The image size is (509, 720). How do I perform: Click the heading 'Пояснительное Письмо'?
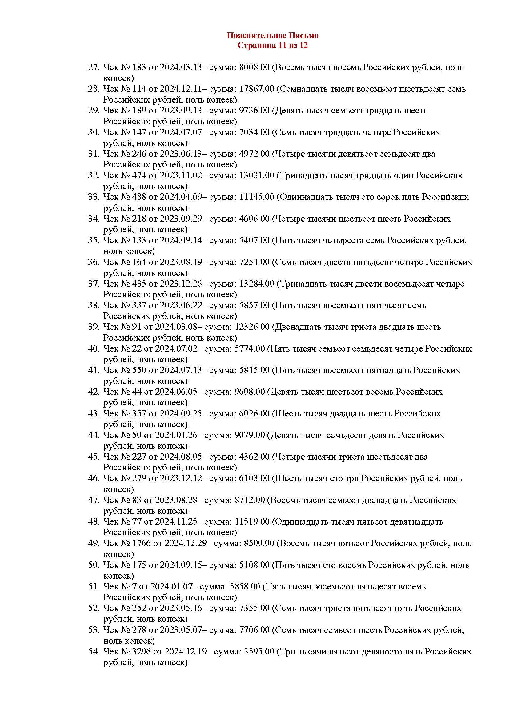[272, 35]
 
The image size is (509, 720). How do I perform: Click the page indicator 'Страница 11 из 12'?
[272, 46]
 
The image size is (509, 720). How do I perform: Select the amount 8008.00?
[254, 67]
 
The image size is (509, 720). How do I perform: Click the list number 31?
[94, 154]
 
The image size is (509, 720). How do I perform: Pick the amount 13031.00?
[256, 175]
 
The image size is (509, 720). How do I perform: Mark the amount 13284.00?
[256, 284]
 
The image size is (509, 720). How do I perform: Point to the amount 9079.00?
[250, 435]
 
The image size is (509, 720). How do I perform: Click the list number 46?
[94, 479]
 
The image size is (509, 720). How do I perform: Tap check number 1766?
[141, 543]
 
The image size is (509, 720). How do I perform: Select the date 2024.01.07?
[171, 587]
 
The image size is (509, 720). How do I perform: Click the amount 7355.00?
[254, 608]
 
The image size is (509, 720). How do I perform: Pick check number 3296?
[141, 652]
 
